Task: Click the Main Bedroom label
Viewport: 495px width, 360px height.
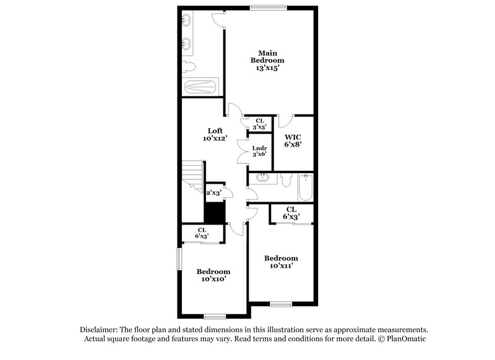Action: [x=267, y=56]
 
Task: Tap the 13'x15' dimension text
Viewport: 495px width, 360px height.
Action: [x=267, y=68]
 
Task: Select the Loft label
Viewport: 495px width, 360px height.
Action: [x=215, y=131]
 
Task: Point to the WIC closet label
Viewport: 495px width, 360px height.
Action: [x=293, y=137]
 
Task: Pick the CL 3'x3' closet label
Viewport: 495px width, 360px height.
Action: [x=259, y=124]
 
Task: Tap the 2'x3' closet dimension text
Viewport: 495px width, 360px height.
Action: [x=213, y=192]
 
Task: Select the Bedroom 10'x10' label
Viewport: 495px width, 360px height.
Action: [x=213, y=275]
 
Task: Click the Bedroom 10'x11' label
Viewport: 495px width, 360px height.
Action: [x=281, y=262]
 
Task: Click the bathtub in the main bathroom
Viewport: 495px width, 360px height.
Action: [x=200, y=87]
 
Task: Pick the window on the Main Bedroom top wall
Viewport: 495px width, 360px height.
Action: [x=268, y=7]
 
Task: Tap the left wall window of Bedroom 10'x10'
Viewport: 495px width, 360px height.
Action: [x=179, y=259]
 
